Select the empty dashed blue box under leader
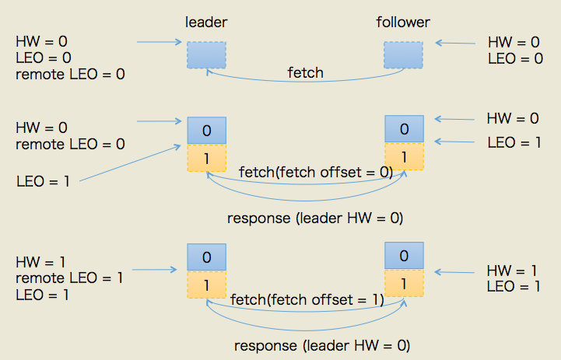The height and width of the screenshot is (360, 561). click(x=206, y=54)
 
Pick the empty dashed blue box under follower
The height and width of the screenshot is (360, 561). click(x=403, y=54)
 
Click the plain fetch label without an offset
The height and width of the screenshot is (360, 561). click(x=305, y=73)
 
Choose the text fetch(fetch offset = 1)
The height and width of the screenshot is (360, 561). click(x=307, y=299)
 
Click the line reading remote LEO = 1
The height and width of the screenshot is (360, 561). click(x=68, y=278)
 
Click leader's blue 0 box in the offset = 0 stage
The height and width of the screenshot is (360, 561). click(x=206, y=130)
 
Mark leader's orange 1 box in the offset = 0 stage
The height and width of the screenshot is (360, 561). click(x=206, y=157)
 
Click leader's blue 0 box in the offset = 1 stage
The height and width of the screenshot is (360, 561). click(x=206, y=257)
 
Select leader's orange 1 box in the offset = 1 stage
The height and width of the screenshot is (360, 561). click(x=206, y=285)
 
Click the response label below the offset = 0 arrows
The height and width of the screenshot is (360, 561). click(x=315, y=218)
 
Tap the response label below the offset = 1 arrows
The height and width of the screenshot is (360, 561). click(x=321, y=344)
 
